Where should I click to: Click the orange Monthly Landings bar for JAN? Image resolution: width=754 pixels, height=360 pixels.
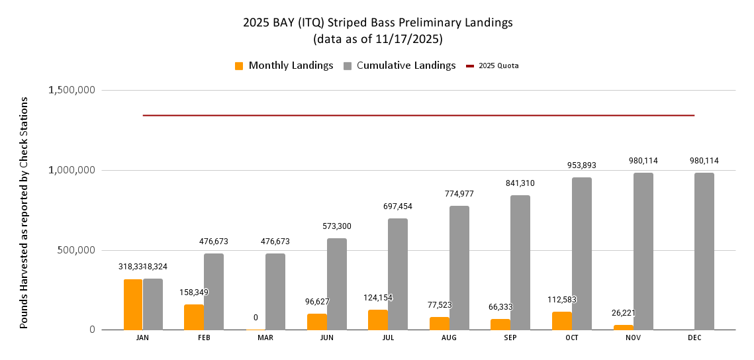(x=133, y=304)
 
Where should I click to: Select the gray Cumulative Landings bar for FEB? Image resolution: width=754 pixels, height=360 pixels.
(x=213, y=291)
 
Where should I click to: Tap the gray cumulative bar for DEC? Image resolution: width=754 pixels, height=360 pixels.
(x=704, y=251)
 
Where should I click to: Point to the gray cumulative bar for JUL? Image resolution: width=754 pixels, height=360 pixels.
(x=397, y=274)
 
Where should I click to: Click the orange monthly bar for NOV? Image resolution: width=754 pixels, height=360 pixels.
(x=624, y=327)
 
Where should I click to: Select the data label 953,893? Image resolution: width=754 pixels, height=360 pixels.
(x=582, y=165)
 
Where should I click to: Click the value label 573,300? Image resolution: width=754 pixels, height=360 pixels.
(x=336, y=226)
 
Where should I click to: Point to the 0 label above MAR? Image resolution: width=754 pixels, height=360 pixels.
(x=256, y=318)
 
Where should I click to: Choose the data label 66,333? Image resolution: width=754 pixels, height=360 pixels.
(x=500, y=307)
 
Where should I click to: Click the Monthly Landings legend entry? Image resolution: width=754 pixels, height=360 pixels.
(x=284, y=66)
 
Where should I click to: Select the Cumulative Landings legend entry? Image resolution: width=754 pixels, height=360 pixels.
(x=399, y=66)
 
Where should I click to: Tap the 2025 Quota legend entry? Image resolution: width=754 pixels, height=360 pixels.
(x=493, y=66)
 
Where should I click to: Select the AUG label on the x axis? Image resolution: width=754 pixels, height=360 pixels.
(x=449, y=337)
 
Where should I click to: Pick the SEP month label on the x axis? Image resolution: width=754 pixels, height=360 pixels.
(x=510, y=337)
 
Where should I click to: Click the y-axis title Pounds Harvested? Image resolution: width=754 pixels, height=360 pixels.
(x=24, y=212)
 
